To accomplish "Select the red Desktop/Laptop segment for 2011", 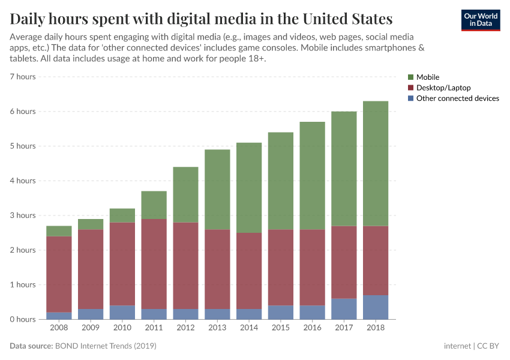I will (x=154, y=264).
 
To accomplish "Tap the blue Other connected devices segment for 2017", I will (x=344, y=308).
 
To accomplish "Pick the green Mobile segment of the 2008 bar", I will (x=59, y=231).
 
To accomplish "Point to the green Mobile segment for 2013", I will (x=217, y=189).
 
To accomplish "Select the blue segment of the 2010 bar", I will (x=122, y=312).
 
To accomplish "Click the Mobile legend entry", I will (x=427, y=77).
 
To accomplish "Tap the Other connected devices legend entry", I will (x=457, y=98).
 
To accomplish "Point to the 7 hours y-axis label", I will (x=23, y=77).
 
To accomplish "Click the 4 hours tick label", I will (x=23, y=181).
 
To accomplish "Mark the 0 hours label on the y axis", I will (x=23, y=319).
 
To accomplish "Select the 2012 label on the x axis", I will (x=185, y=328).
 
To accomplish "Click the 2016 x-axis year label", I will (x=312, y=328).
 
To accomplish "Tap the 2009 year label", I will (x=91, y=328).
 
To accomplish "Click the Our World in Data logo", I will (x=480, y=20).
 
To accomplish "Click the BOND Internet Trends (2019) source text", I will (x=106, y=346).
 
